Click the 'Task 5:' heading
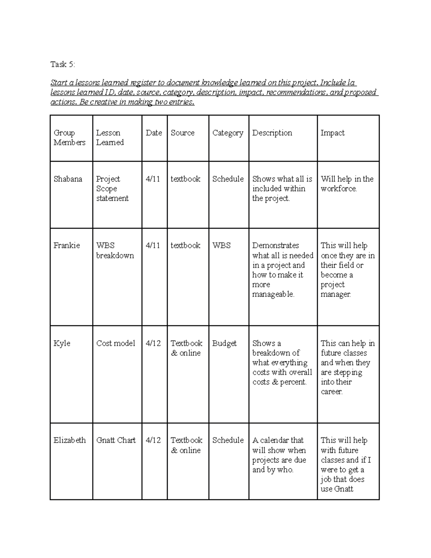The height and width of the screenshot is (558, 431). point(63,64)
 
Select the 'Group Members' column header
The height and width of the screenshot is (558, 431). point(69,138)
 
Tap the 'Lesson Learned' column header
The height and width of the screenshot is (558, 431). point(110,138)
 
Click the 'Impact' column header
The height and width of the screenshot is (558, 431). point(332,133)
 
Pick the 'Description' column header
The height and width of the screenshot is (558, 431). point(272,133)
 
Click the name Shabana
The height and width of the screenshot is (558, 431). point(68,179)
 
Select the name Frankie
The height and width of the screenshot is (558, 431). point(66,245)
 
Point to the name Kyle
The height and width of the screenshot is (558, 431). point(62,343)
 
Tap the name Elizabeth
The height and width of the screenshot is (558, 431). point(70,440)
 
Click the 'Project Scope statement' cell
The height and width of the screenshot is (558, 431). point(112,189)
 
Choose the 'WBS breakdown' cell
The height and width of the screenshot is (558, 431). point(115,250)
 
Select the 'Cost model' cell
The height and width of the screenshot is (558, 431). point(116,343)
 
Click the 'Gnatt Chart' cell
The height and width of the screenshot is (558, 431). point(116,440)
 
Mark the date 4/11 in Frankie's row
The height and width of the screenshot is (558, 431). point(153,245)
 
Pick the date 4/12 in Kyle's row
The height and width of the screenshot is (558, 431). point(153,343)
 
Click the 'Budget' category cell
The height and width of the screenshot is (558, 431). point(224,343)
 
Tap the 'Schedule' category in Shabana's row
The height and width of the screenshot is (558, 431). point(228,179)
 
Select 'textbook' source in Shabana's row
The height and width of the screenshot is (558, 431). point(185,179)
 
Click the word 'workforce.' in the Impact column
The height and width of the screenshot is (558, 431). point(339,189)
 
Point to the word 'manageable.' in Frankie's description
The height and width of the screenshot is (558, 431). point(273,294)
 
